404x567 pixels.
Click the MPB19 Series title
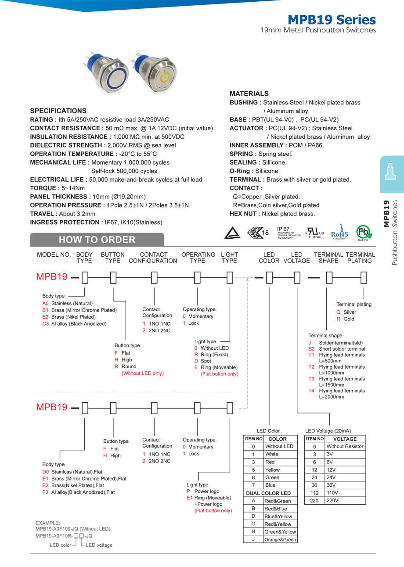332,20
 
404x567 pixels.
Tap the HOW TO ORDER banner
97,240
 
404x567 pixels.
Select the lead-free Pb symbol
364,232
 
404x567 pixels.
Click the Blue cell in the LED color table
271,485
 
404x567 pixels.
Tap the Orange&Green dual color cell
280,539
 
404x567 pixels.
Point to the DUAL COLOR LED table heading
268,493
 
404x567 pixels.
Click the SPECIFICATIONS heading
58,111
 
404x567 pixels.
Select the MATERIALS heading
249,93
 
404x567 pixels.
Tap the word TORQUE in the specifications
42,188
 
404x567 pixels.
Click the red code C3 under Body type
46,324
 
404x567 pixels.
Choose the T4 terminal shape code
311,391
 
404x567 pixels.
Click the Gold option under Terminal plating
349,319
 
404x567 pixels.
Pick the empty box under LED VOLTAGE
297,277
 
